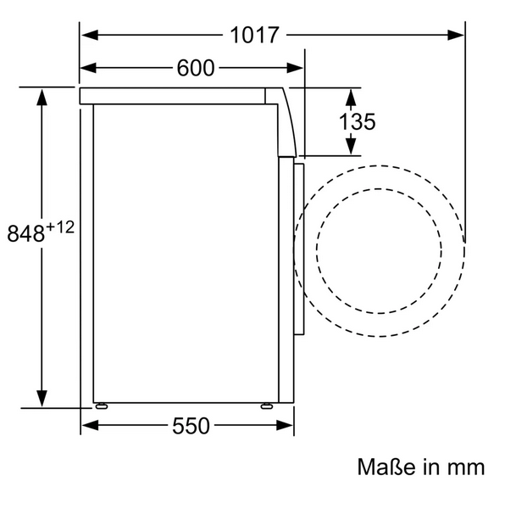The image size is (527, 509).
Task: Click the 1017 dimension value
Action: point(254,35)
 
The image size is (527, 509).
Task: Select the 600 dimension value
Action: point(195,68)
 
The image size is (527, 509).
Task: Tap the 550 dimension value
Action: point(191,426)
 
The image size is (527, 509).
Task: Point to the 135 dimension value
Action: point(357,121)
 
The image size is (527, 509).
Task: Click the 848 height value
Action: point(26,233)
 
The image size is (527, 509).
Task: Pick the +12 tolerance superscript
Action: point(60,227)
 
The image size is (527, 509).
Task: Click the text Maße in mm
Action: point(421,467)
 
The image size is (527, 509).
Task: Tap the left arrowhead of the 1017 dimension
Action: point(90,35)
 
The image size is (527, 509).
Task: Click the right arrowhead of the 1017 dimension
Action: point(456,35)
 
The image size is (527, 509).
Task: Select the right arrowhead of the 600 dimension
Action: point(295,68)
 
